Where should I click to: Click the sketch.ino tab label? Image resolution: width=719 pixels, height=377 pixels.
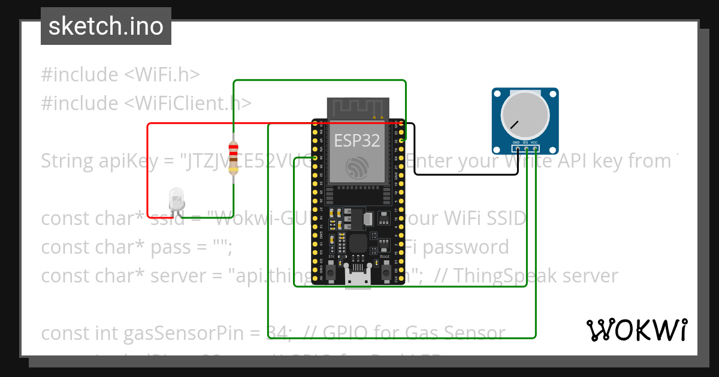click(106, 26)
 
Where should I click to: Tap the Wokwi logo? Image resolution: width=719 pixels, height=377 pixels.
click(636, 330)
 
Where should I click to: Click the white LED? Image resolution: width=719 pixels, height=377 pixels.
click(176, 198)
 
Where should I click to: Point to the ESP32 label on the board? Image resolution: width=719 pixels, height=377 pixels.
click(357, 141)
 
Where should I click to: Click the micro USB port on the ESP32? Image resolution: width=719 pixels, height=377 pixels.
click(358, 277)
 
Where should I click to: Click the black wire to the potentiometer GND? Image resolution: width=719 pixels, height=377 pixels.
click(467, 174)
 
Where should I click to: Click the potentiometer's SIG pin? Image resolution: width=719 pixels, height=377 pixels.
click(525, 148)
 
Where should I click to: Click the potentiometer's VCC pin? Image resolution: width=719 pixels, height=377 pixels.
click(534, 148)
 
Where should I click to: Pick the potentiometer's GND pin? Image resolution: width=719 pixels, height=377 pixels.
click(516, 148)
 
